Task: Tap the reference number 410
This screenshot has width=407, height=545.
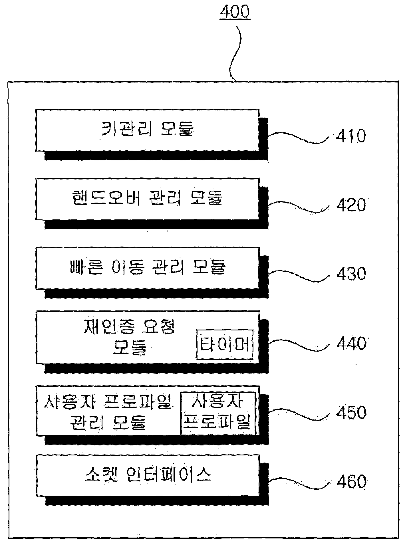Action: [x=351, y=136]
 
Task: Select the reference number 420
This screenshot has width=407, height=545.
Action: [x=351, y=205]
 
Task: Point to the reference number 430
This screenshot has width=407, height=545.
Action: [x=351, y=274]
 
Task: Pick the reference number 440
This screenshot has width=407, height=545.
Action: [x=351, y=343]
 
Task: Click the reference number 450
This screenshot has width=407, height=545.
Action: [x=351, y=412]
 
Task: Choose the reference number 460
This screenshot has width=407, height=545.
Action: [x=351, y=481]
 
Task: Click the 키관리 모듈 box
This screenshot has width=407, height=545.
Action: [x=147, y=130]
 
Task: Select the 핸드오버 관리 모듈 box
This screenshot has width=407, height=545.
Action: [x=147, y=199]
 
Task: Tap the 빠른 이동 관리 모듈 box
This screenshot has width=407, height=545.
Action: [x=147, y=268]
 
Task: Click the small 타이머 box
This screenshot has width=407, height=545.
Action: [x=225, y=344]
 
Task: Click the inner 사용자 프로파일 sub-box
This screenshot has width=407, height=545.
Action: [x=218, y=413]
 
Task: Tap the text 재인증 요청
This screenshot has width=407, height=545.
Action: [x=129, y=327]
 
